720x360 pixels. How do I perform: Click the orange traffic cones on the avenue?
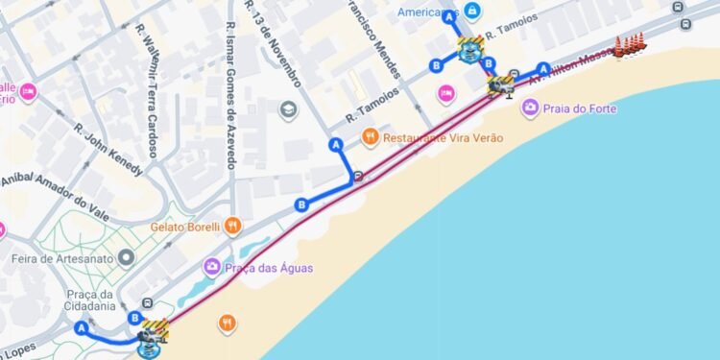(x=630, y=44)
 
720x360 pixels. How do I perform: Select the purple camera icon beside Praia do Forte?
(x=530, y=106)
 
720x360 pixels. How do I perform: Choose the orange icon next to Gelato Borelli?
(x=232, y=227)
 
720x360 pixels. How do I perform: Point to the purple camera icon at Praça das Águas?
(x=212, y=267)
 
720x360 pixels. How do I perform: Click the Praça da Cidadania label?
(x=91, y=300)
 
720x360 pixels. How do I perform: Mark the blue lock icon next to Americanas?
(x=471, y=11)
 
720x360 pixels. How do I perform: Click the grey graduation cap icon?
(x=288, y=109)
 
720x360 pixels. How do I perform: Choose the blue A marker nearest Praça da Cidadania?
(x=82, y=328)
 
